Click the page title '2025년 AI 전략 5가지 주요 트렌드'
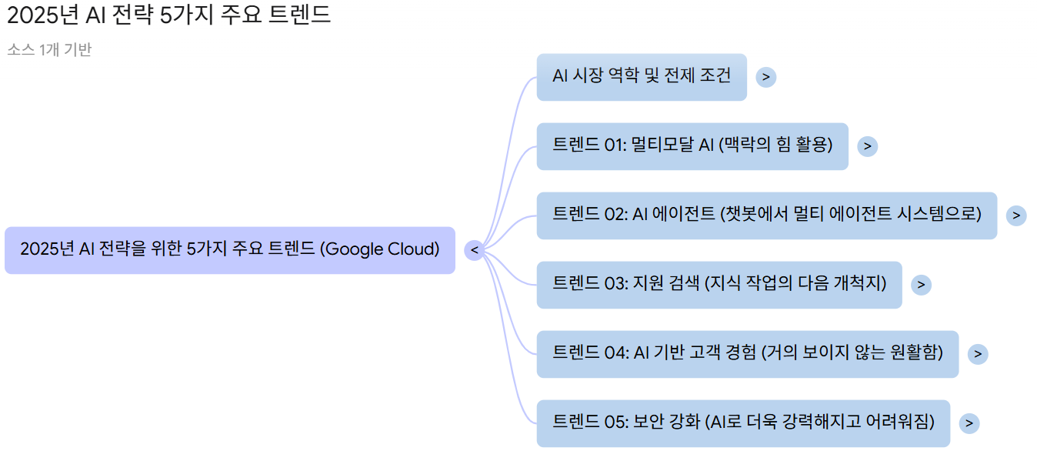(169, 15)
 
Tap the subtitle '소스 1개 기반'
(49, 50)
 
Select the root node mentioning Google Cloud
(229, 249)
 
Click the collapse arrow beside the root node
(474, 250)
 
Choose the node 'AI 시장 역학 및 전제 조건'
(641, 76)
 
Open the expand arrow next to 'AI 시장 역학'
(765, 77)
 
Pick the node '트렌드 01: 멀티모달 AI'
(692, 145)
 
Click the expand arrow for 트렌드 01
(867, 146)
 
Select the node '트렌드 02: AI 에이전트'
(766, 215)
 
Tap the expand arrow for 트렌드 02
(1015, 215)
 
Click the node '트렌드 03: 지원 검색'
(719, 284)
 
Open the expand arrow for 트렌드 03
(920, 285)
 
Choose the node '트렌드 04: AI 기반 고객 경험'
(747, 353)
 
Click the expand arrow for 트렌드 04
(977, 354)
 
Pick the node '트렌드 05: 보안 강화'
(742, 423)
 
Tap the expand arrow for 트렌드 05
(969, 423)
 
